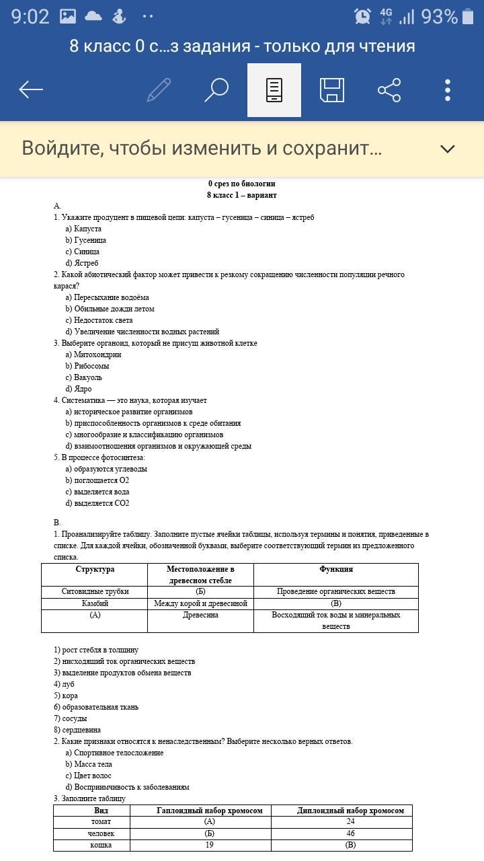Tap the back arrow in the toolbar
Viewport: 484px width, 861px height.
[31, 89]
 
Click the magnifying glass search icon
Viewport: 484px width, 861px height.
[216, 89]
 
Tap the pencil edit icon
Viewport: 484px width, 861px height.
[159, 89]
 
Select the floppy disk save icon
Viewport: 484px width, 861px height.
[332, 89]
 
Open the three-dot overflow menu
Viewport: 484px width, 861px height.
[448, 89]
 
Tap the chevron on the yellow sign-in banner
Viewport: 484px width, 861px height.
[448, 149]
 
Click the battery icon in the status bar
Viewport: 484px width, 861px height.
[468, 16]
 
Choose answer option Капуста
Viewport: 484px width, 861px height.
[87, 229]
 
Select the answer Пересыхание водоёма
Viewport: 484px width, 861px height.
[111, 297]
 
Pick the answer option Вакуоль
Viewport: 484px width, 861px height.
[88, 377]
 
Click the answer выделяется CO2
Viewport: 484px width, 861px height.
[101, 503]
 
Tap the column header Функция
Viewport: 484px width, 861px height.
[336, 569]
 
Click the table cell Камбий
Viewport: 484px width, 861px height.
[95, 603]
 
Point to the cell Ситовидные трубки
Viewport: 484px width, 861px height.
[95, 591]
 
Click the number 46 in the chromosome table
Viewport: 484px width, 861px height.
[350, 833]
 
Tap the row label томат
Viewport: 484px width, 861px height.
[101, 821]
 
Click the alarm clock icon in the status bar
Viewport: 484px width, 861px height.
[362, 16]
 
